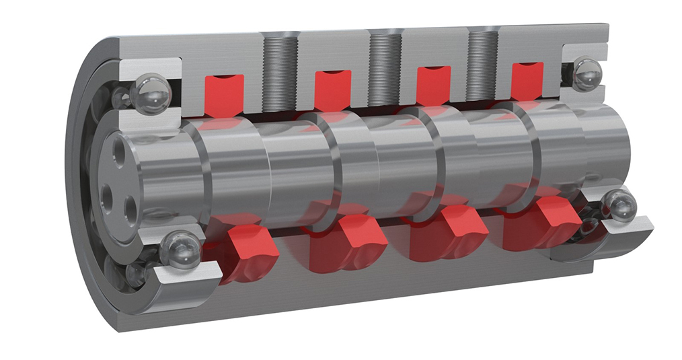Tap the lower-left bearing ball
pyautogui.click(x=181, y=250)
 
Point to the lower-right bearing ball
pyautogui.click(x=619, y=205)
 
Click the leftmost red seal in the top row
pyautogui.click(x=223, y=94)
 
